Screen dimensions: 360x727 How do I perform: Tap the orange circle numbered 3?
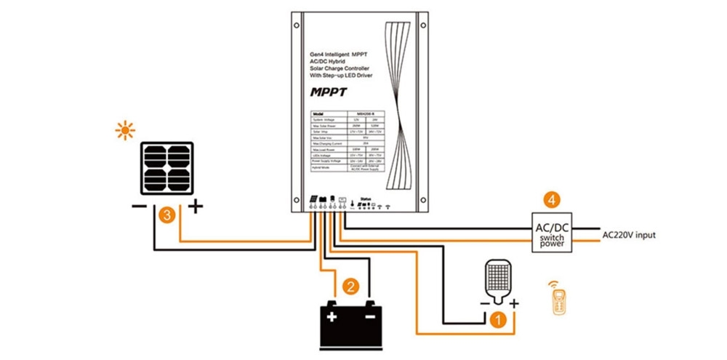(x=166, y=215)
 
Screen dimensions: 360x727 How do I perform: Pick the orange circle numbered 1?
(x=498, y=319)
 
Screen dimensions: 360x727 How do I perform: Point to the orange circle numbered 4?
(x=553, y=197)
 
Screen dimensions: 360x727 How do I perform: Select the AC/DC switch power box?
(x=552, y=233)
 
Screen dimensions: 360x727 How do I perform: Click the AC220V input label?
(x=630, y=235)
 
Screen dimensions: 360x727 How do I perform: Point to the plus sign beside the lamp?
(x=515, y=303)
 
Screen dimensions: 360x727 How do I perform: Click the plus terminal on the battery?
(x=332, y=317)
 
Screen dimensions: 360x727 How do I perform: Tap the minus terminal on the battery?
(x=370, y=317)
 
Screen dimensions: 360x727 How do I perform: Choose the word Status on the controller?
(x=366, y=197)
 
